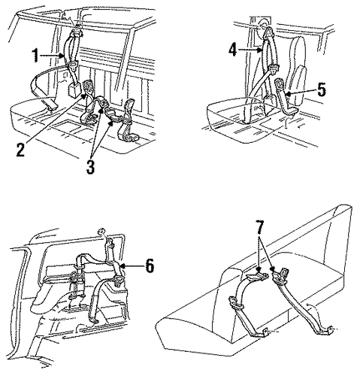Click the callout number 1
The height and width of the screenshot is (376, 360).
35,56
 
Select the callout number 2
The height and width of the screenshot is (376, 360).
20,150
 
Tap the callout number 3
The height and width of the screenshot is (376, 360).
90,167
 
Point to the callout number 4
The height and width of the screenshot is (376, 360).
232,50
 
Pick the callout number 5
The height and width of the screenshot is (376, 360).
322,89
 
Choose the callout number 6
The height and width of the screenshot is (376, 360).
150,265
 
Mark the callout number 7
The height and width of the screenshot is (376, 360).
259,227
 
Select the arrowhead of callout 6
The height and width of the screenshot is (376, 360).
121,266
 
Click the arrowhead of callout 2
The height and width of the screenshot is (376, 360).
84,96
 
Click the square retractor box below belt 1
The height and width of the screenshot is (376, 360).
74,90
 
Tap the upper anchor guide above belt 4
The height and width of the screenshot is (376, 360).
269,32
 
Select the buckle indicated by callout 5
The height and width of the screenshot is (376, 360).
279,84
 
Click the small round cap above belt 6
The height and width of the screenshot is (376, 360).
101,232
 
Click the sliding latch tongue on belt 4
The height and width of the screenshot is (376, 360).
273,69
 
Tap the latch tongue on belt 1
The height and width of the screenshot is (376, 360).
73,65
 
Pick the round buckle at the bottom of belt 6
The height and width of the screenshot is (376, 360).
119,280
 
